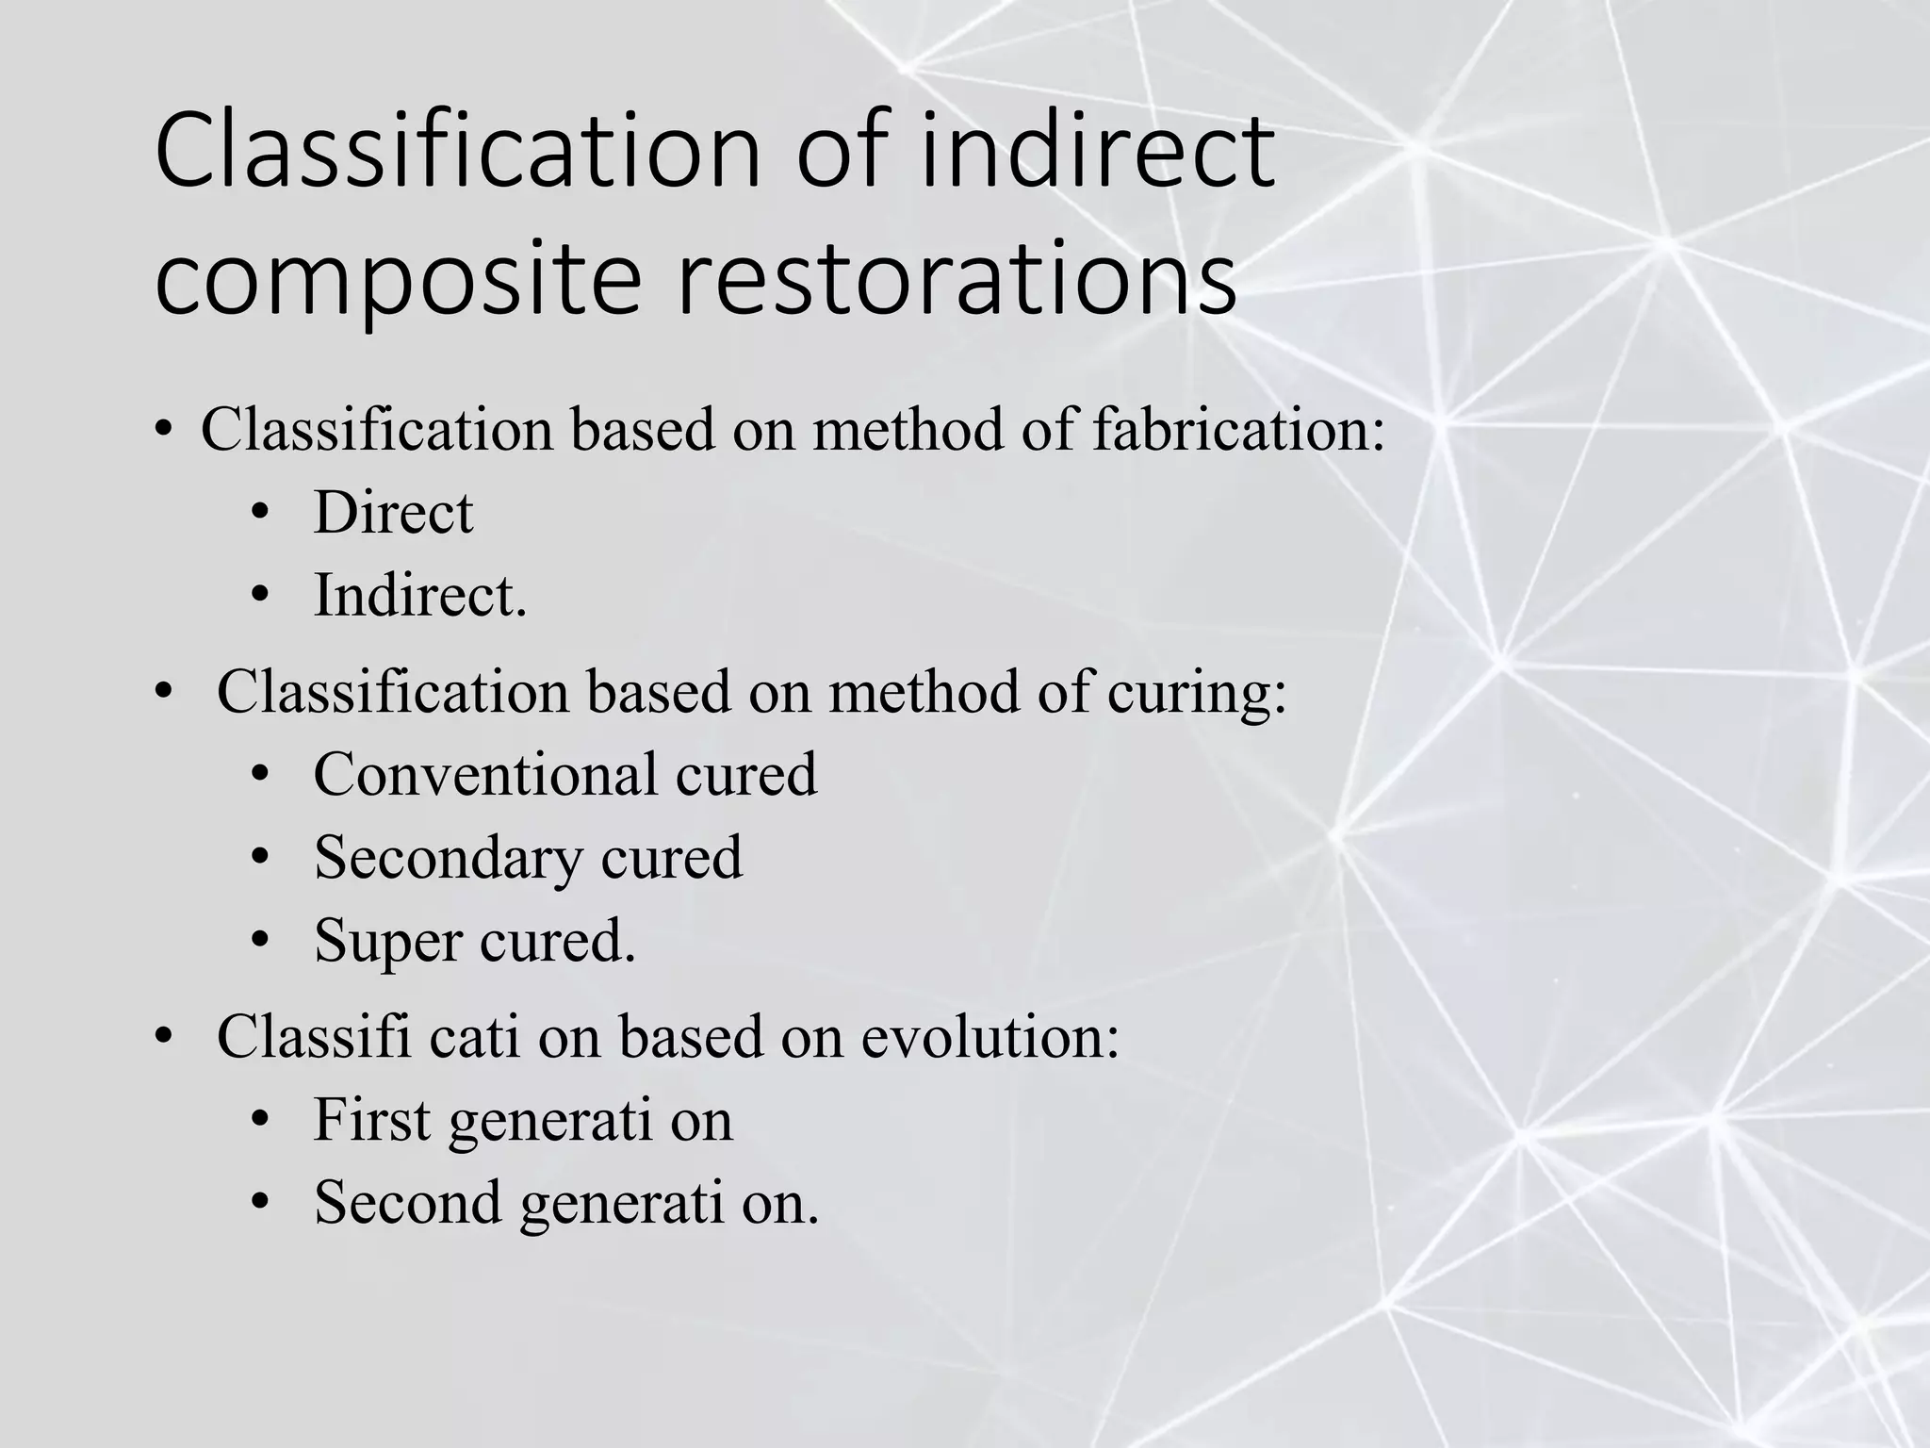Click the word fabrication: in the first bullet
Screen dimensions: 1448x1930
click(1238, 430)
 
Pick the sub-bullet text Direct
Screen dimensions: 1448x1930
click(393, 513)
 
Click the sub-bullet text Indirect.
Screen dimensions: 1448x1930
click(419, 596)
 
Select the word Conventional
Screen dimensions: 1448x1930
click(485, 775)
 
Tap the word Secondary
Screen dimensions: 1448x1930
click(448, 858)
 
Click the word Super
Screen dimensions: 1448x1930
click(387, 941)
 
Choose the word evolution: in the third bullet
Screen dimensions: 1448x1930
click(990, 1037)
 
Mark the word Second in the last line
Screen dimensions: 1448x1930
click(407, 1203)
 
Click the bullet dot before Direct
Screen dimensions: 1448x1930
click(260, 515)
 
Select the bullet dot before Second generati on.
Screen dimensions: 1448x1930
click(260, 1203)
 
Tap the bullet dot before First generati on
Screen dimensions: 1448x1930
click(260, 1120)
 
